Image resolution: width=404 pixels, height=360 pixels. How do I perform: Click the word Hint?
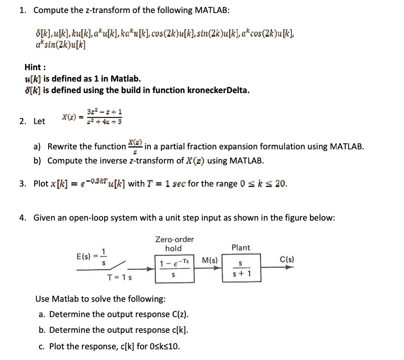34,67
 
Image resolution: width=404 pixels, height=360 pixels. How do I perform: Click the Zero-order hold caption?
174,244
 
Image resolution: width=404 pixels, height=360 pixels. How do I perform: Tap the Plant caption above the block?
241,247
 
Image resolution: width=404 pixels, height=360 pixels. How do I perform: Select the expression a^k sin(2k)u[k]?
60,45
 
